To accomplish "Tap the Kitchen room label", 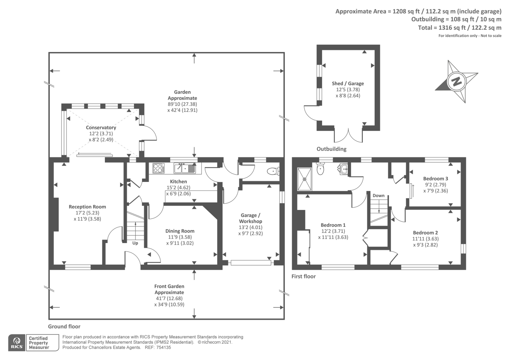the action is (178, 182).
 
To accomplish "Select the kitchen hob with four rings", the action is (158, 169).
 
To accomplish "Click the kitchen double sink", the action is (185, 168).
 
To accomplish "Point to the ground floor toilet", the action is (273, 171).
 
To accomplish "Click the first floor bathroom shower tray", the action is (304, 179).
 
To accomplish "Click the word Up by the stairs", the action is (135, 243).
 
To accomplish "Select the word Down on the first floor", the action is (378, 196).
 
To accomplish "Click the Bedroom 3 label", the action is (435, 179).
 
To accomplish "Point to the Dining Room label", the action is (180, 231).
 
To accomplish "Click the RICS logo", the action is (17, 342).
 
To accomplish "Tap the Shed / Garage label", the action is (348, 83).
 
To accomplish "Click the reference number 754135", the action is (164, 348).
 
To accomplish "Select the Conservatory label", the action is (101, 128).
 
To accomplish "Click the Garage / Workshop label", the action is (251, 218).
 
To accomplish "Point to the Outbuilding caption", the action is (331, 149).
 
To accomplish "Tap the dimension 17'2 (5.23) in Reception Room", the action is (87, 213).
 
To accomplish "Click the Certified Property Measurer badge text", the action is (39, 343).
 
